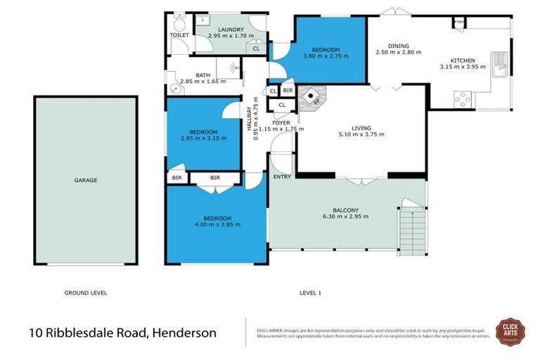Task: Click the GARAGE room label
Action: click(86, 180)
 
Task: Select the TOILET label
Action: click(179, 34)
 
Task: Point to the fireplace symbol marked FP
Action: click(311, 97)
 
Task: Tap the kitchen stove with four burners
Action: click(463, 100)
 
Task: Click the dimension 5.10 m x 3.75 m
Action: click(361, 135)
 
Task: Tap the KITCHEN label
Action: click(463, 60)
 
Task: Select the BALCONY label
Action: click(347, 210)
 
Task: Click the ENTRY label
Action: click(282, 176)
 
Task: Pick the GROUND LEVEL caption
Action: click(85, 292)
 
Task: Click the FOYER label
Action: click(281, 122)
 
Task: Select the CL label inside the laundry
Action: click(255, 49)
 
